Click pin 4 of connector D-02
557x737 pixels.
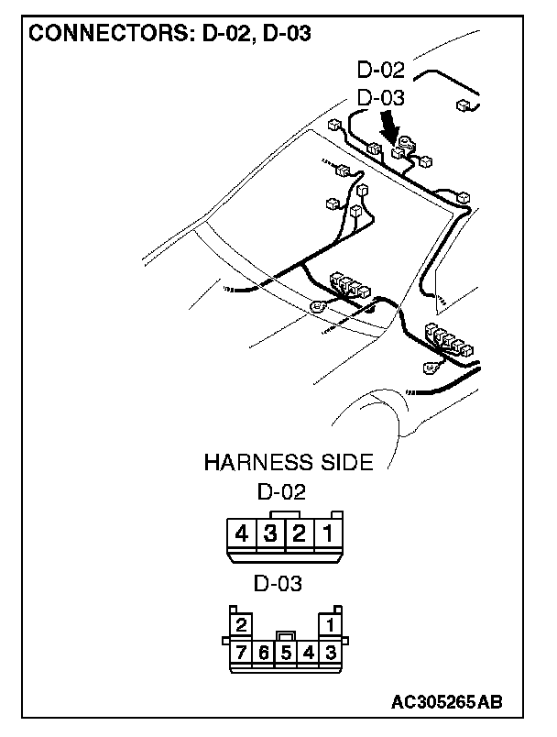[x=241, y=533]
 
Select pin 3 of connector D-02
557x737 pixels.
[x=269, y=533]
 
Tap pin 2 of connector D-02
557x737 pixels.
[x=298, y=533]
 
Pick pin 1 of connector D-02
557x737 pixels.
[x=327, y=533]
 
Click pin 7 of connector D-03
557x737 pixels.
[x=241, y=653]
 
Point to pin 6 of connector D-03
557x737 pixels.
[x=263, y=653]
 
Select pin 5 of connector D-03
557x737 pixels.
[x=286, y=653]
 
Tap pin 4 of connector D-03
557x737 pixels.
[x=309, y=653]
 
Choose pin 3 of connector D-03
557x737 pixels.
[x=331, y=653]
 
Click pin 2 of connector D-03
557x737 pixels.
[x=241, y=626]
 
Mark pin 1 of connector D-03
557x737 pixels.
[x=331, y=626]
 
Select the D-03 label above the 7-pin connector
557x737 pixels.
[x=278, y=583]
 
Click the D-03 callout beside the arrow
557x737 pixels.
[x=381, y=97]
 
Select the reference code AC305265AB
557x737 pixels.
[x=446, y=702]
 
